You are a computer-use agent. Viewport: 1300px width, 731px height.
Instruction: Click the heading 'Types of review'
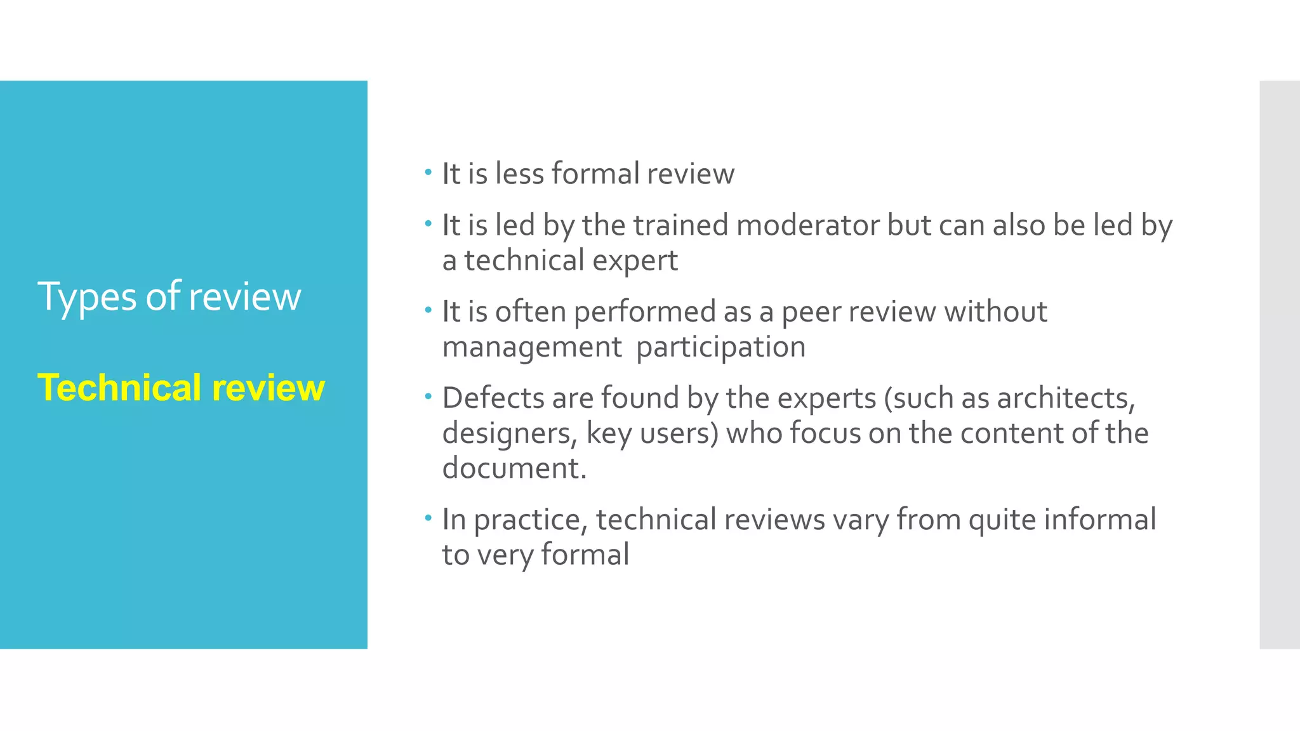(169, 296)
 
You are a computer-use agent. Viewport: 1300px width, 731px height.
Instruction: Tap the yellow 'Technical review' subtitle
(181, 388)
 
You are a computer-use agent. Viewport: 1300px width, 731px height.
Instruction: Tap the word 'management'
(532, 347)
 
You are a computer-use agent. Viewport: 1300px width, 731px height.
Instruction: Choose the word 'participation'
(720, 347)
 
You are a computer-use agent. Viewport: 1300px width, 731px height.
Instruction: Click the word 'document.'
(514, 468)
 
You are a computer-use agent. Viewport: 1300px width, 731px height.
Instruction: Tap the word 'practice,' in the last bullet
(531, 520)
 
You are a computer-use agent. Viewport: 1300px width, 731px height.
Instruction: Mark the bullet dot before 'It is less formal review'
(428, 172)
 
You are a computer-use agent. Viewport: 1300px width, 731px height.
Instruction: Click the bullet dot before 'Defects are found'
(428, 397)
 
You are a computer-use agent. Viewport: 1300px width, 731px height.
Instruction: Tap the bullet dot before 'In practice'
(428, 518)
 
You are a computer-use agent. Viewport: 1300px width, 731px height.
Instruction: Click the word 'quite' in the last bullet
(1002, 520)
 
